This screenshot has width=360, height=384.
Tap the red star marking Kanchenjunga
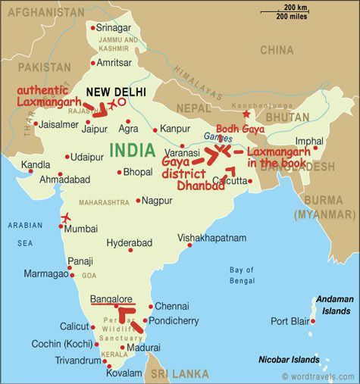pyautogui.click(x=246, y=114)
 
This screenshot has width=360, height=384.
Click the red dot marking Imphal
pyautogui.click(x=316, y=148)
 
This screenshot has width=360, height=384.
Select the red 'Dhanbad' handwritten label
pyautogui.click(x=201, y=186)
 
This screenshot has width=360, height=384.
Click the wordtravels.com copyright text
pyautogui.click(x=318, y=376)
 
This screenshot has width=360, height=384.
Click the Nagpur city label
pyautogui.click(x=157, y=201)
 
